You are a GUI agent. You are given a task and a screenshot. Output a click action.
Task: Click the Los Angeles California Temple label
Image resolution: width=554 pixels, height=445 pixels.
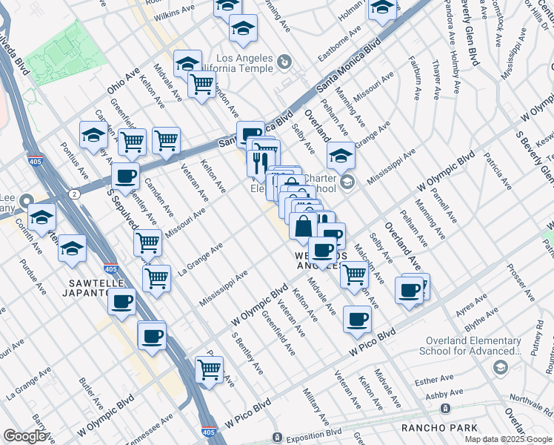click(x=253, y=65)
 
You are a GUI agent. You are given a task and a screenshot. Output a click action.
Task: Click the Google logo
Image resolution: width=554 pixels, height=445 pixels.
click(x=25, y=435)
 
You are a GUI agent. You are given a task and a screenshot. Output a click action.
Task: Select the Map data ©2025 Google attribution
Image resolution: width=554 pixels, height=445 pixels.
click(x=508, y=439)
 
